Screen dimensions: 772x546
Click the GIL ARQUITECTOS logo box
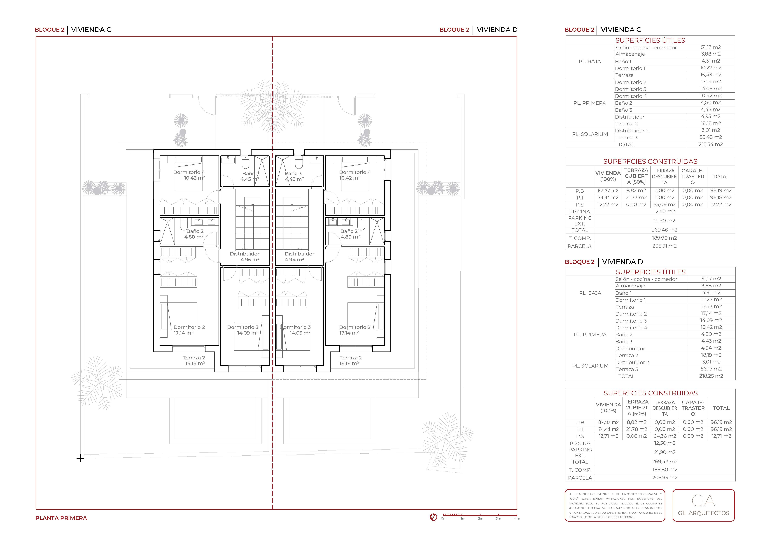coord(703,505)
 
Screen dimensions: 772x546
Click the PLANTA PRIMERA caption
coord(61,518)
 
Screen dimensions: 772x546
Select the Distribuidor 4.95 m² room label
coord(245,257)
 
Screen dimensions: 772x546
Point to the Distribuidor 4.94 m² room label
coord(299,257)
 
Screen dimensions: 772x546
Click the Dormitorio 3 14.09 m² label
coord(243,330)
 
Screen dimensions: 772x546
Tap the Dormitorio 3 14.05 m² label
coord(295,330)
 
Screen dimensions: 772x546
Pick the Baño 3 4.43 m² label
coord(294,176)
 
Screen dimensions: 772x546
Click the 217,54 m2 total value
coord(711,144)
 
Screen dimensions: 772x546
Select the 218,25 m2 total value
coord(711,376)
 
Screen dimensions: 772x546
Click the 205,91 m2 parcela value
coord(665,246)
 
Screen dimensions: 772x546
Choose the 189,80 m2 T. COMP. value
coord(665,470)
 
